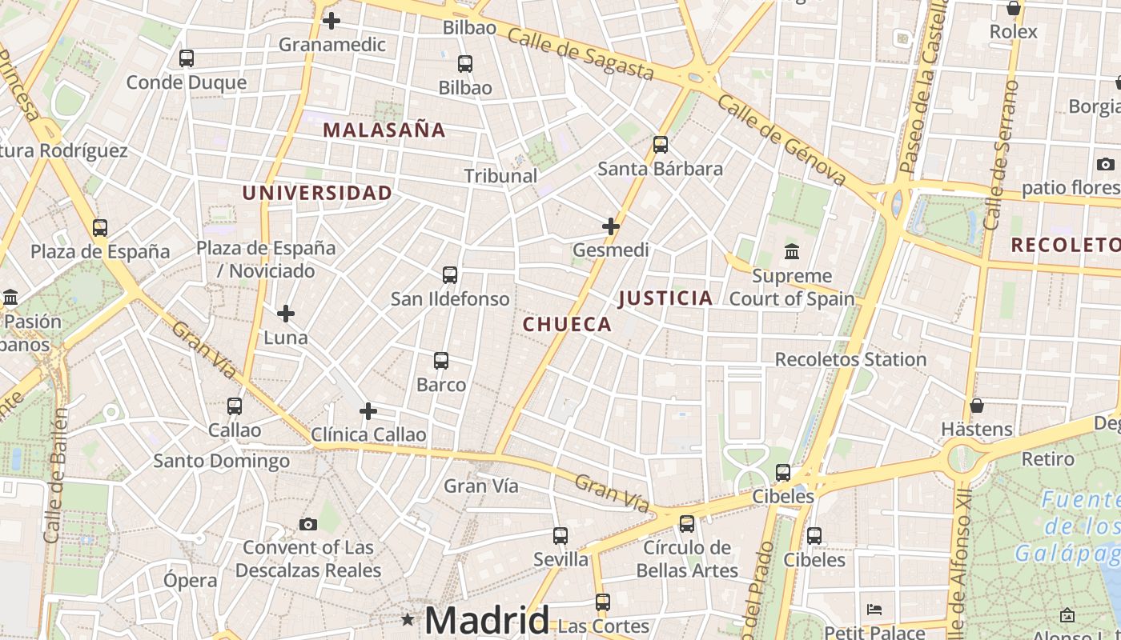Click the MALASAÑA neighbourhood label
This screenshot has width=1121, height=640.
[x=384, y=130]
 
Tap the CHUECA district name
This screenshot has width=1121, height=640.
[x=567, y=324]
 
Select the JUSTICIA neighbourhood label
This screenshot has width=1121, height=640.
[x=665, y=298]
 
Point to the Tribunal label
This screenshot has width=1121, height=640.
[x=500, y=176]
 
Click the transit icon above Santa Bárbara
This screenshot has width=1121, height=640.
[x=661, y=145]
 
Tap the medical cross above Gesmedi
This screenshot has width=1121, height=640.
[x=611, y=226]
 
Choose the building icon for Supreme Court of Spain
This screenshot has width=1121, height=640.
[x=792, y=252]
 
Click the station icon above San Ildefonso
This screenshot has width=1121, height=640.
[x=450, y=275]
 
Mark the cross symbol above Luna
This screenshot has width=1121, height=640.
[x=286, y=314]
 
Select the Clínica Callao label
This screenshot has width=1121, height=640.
[x=368, y=435]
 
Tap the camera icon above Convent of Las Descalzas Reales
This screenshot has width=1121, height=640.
[x=308, y=525]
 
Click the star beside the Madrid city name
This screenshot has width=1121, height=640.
[x=408, y=619]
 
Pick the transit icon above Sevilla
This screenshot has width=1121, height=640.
[x=560, y=536]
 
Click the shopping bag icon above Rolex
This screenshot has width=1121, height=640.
[x=1014, y=9]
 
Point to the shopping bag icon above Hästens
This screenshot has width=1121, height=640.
[x=976, y=406]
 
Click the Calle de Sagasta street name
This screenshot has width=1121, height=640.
[x=581, y=54]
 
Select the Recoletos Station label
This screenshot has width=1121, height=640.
[x=850, y=359]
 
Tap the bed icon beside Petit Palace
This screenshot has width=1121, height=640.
[x=874, y=610]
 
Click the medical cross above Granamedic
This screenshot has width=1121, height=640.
[x=331, y=21]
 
